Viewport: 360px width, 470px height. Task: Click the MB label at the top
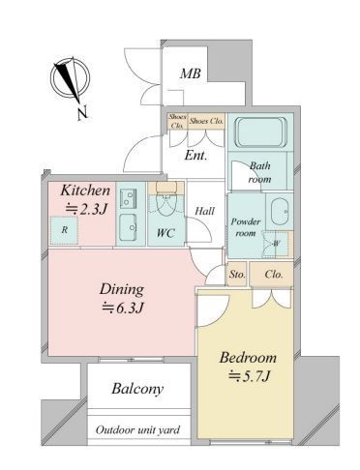click(191, 73)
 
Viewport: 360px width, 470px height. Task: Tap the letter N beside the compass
click(82, 113)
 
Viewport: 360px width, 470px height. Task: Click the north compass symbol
click(70, 79)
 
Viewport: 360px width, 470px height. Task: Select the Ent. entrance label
click(195, 156)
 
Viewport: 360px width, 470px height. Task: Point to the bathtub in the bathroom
click(260, 132)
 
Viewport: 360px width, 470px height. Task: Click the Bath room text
click(259, 172)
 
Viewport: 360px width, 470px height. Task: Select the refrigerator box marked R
click(65, 230)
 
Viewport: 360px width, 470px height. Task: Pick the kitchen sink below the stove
click(128, 227)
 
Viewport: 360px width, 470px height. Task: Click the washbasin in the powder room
click(281, 212)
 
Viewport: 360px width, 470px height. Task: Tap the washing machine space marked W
click(277, 244)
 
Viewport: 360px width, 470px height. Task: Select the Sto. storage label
click(237, 275)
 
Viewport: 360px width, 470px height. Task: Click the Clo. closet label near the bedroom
click(274, 275)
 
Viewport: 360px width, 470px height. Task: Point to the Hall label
click(204, 211)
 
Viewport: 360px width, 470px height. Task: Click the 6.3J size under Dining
click(123, 308)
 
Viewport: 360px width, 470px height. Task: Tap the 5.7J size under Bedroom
click(249, 376)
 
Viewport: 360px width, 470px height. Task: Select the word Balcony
click(137, 389)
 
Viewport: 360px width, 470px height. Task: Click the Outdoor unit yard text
click(137, 430)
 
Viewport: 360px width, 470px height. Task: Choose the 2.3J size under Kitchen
click(86, 210)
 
